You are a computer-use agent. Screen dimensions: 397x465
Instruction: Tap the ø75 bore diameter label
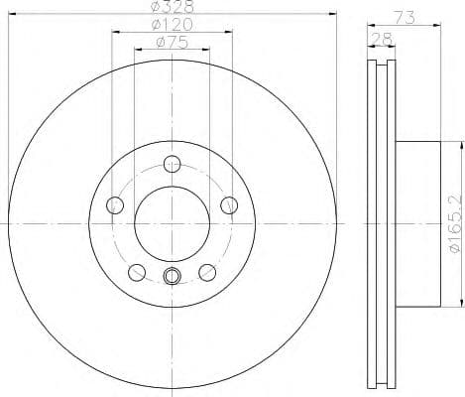[x=174, y=43]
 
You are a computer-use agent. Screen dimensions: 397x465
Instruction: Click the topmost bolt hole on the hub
[x=173, y=165]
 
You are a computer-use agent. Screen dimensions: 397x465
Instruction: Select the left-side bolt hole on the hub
[x=114, y=205]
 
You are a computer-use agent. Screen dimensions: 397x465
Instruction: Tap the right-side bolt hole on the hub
[x=232, y=205]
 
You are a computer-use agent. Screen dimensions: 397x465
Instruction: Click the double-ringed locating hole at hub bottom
[x=173, y=277]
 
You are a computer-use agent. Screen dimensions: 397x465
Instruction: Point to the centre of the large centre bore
[x=173, y=225]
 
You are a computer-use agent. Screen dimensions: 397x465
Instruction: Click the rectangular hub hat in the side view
[x=416, y=224]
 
